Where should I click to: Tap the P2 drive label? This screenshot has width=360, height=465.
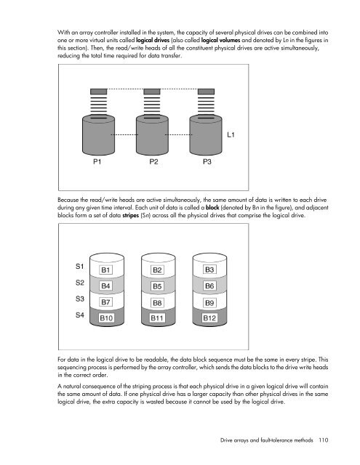153,162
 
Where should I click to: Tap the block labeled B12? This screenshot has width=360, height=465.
210,318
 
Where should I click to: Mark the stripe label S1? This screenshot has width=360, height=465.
80,266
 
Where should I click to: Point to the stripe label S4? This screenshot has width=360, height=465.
80,315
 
